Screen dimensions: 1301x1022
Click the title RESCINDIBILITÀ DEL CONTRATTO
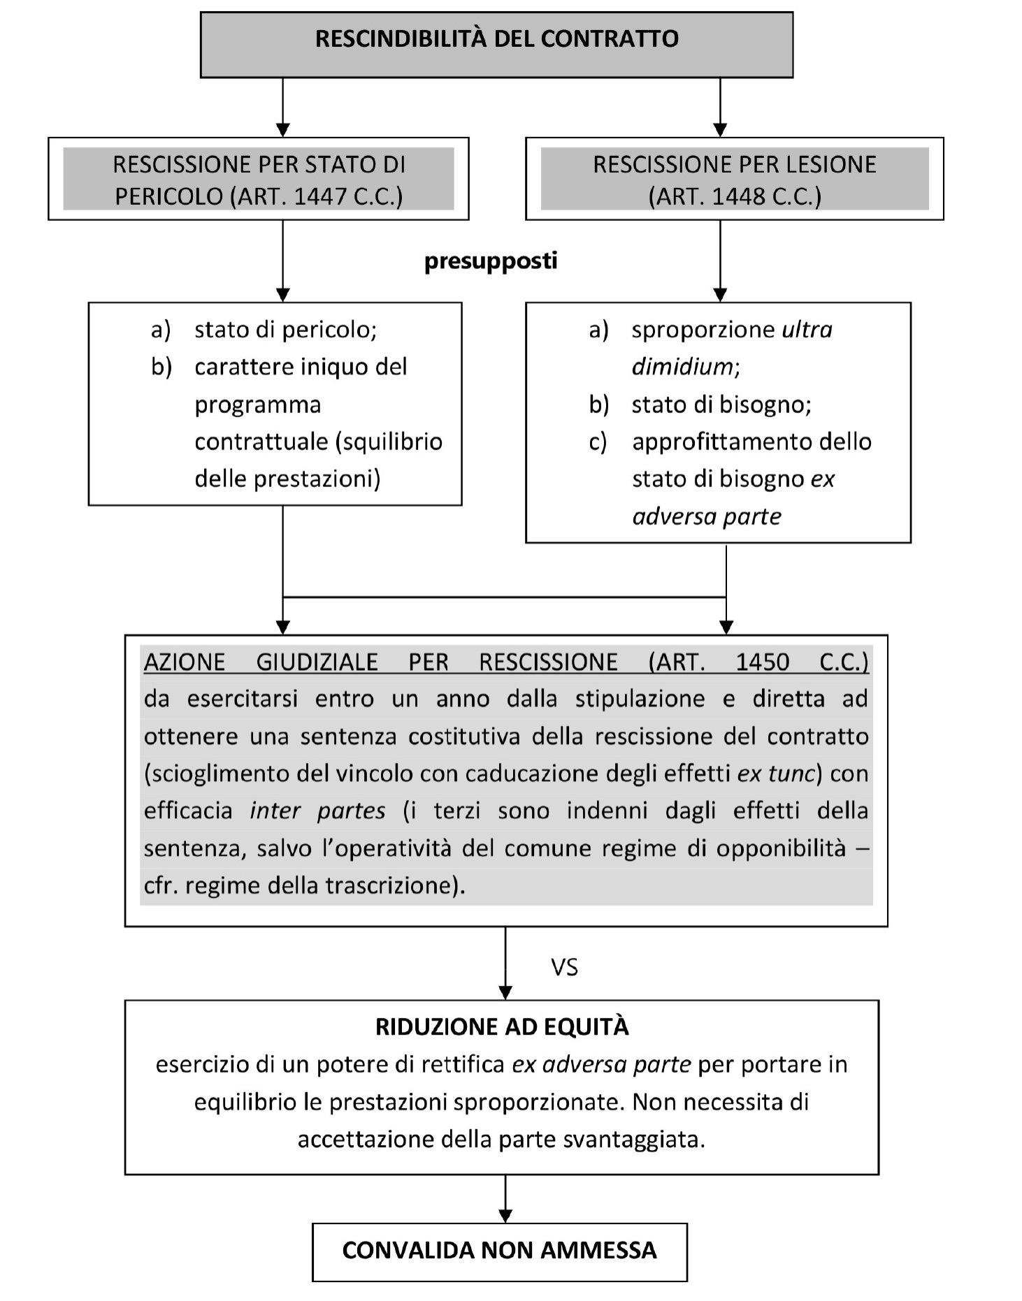(496, 38)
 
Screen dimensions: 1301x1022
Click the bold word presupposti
(491, 261)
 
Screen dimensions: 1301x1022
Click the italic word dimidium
(682, 367)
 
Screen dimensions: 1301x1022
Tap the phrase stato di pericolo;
(285, 329)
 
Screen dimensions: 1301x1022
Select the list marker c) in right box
(598, 442)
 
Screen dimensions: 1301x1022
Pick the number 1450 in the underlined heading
(762, 662)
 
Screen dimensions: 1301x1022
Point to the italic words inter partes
(317, 811)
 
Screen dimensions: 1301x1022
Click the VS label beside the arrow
(564, 967)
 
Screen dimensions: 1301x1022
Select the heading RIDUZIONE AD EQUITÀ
(502, 1026)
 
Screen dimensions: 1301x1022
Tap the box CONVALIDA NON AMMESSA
(499, 1250)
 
